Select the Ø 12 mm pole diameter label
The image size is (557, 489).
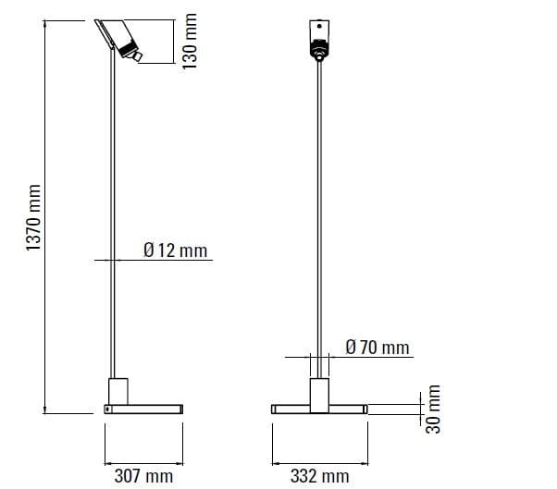tap(176, 251)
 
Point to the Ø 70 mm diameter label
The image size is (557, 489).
tap(377, 348)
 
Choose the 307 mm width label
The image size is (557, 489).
tap(143, 476)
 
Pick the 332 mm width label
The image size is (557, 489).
tap(319, 476)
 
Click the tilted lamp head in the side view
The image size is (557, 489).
tap(118, 36)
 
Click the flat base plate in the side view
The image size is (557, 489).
tap(144, 409)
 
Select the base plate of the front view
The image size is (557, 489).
tap(319, 409)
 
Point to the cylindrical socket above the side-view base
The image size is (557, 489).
tap(118, 389)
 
